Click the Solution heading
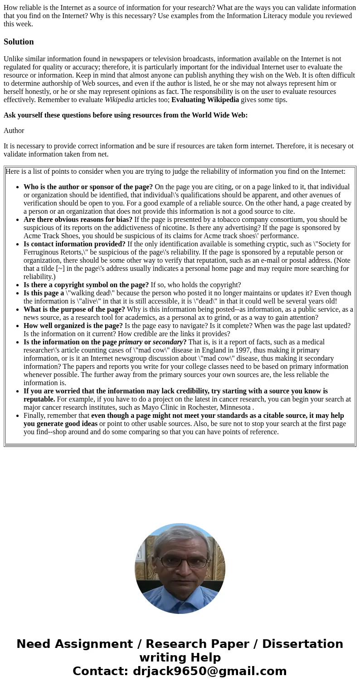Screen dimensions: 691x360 tap(19, 42)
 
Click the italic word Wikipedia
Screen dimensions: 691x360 tap(119, 100)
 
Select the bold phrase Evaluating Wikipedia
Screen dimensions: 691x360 tap(205, 100)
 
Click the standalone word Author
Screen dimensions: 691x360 tap(14, 131)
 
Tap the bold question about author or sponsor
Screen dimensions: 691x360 tap(88, 187)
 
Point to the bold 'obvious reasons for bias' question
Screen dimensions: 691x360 tap(78, 220)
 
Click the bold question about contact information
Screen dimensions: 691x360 tap(74, 244)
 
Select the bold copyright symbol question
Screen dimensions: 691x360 tap(86, 285)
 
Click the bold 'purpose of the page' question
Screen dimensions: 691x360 tap(74, 309)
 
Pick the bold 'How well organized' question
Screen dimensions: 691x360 tap(73, 326)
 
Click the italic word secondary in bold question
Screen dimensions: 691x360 tap(168, 342)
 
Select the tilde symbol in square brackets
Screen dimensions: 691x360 tap(60, 269)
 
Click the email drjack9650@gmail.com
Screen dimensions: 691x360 tap(209, 671)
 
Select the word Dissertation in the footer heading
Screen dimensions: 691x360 tap(302, 644)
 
